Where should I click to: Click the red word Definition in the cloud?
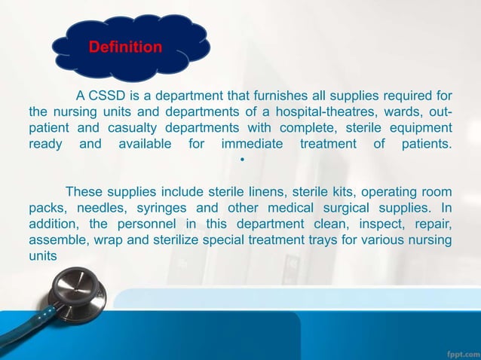point(125,47)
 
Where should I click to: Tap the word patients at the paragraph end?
point(424,144)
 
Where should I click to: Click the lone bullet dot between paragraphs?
point(241,160)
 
